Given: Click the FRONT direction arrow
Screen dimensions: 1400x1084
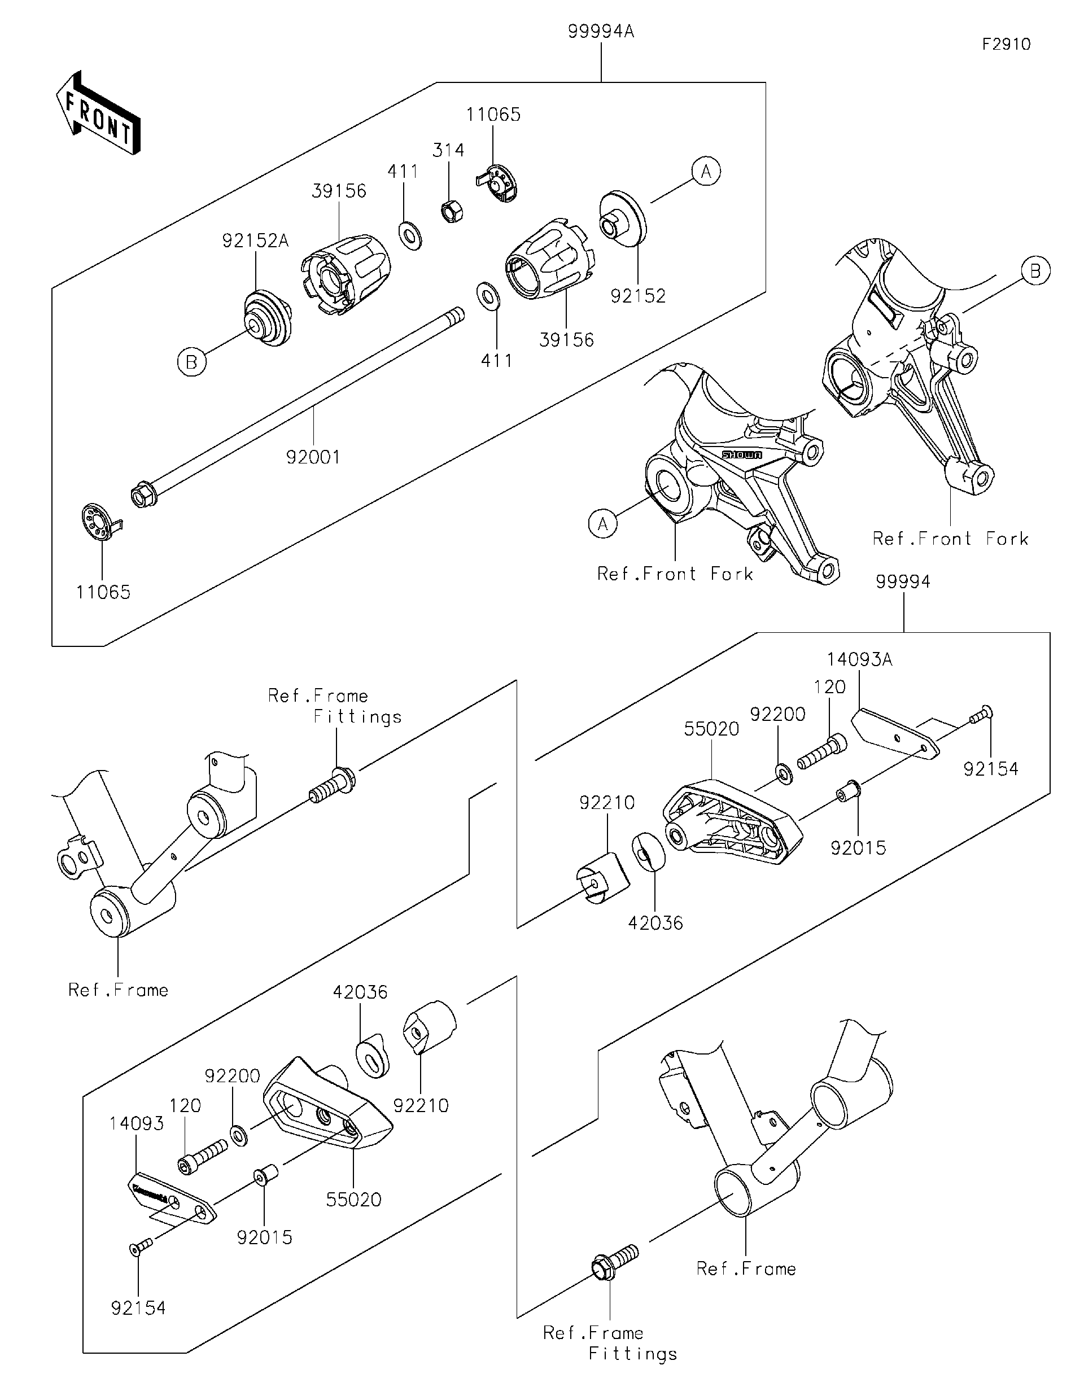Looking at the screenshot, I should point(98,114).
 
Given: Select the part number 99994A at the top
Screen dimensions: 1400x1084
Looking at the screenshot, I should point(601,32).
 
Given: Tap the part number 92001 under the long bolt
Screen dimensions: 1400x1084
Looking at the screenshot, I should point(313,457).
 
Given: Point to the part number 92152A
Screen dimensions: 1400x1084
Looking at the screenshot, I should point(255,240).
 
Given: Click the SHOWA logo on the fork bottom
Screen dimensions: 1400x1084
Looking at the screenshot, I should point(742,454).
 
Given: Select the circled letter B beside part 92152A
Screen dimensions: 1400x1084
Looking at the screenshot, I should point(191,362).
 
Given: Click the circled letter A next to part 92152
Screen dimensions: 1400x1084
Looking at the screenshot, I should point(706,172).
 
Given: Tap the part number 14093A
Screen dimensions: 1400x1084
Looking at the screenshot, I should point(859,659).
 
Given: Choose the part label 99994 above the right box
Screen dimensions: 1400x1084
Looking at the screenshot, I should point(903,581).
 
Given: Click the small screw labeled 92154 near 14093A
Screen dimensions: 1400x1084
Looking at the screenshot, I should point(980,713).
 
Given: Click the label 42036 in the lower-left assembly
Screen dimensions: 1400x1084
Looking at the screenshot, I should point(360,992).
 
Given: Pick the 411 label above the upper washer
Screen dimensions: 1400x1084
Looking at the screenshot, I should point(403,171).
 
